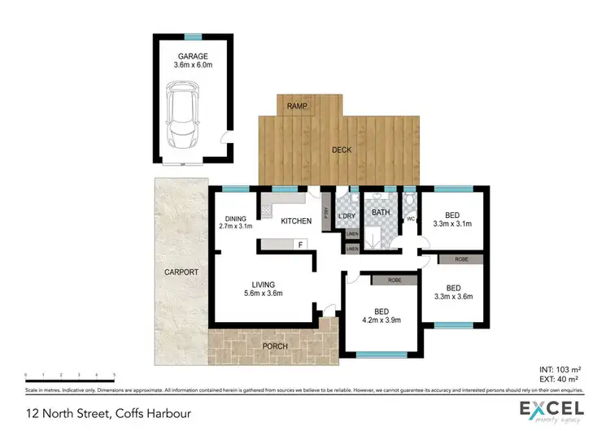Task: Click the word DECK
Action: pyautogui.click(x=342, y=150)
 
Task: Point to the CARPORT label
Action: pyautogui.click(x=180, y=272)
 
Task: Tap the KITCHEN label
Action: pyautogui.click(x=297, y=220)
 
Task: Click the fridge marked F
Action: pyautogui.click(x=300, y=244)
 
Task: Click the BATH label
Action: pyautogui.click(x=381, y=213)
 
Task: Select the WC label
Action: pyautogui.click(x=410, y=219)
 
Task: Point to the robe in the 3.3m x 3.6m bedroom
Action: pyautogui.click(x=460, y=259)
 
